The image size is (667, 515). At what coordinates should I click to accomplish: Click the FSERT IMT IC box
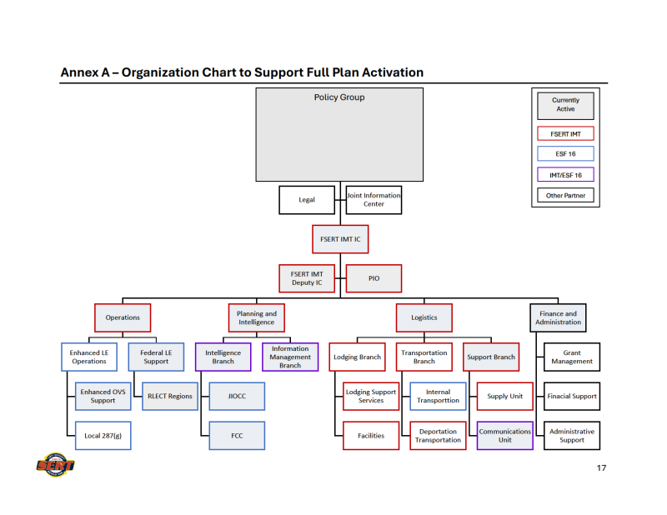click(340, 239)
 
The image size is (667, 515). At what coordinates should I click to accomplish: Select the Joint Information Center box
click(374, 200)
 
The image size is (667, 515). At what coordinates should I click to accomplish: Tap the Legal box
click(307, 200)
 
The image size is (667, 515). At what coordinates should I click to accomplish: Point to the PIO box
click(374, 278)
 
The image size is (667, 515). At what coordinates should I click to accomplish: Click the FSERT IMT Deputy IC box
click(307, 278)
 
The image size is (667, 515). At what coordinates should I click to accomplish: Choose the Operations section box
click(123, 317)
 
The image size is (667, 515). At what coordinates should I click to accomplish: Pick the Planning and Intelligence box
click(256, 317)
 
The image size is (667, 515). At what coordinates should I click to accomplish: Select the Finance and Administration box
click(558, 317)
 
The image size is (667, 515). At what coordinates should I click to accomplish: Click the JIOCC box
click(237, 397)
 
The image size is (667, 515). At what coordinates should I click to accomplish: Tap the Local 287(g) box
click(103, 436)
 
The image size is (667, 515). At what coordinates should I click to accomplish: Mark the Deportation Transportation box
click(438, 436)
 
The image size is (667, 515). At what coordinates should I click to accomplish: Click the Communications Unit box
click(505, 436)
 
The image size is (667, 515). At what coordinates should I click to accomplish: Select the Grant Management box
click(572, 357)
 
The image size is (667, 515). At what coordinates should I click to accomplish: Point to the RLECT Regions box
click(169, 397)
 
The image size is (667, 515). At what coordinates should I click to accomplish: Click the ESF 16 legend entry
click(565, 153)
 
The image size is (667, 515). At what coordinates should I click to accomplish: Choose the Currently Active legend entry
click(565, 105)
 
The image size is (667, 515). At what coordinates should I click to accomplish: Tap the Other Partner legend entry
click(565, 196)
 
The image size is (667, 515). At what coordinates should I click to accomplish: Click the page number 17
click(601, 467)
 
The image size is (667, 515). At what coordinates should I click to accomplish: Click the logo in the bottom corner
click(55, 463)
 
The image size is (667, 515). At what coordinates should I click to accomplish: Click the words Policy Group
click(339, 97)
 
